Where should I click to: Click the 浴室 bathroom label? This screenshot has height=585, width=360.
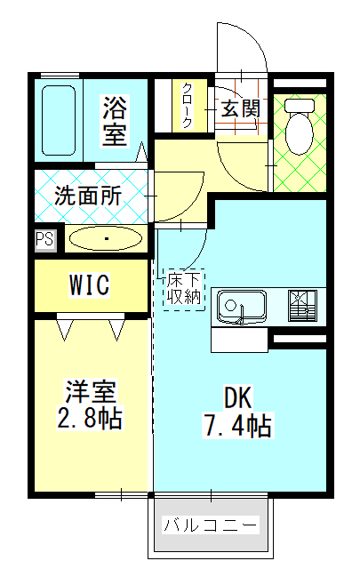point(115,121)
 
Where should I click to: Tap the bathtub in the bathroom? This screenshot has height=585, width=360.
point(59,120)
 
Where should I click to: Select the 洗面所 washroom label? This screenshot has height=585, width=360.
point(88,196)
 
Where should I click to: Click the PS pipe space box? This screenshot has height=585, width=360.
point(45,238)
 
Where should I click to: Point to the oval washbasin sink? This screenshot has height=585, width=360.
point(106,237)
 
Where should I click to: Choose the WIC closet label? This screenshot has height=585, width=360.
point(89,284)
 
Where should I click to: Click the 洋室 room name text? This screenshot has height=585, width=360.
point(91,391)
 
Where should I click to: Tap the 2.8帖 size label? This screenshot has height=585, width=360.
point(90,418)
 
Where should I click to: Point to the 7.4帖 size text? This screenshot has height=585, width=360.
point(237,425)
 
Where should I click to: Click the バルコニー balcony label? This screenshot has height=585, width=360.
point(211,525)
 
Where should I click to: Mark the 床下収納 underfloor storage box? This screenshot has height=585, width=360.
point(184,290)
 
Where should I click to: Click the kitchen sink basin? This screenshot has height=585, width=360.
point(242,308)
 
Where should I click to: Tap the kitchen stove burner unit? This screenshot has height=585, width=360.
point(302,306)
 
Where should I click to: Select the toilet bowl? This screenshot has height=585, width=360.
point(300,133)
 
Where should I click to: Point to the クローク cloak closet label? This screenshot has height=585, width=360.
point(188,106)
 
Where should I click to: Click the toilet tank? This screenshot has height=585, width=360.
point(300,105)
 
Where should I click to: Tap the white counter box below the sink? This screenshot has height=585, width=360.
point(239,340)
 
